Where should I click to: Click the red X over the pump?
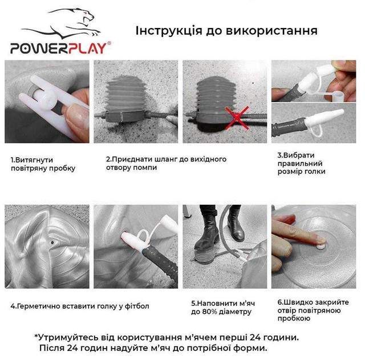pos(237,117)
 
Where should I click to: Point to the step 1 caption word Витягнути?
pos(32,160)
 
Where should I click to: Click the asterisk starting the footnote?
pos(36,336)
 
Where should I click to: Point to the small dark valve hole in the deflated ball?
pos(52,242)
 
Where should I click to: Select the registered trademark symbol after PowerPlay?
pos(109,43)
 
